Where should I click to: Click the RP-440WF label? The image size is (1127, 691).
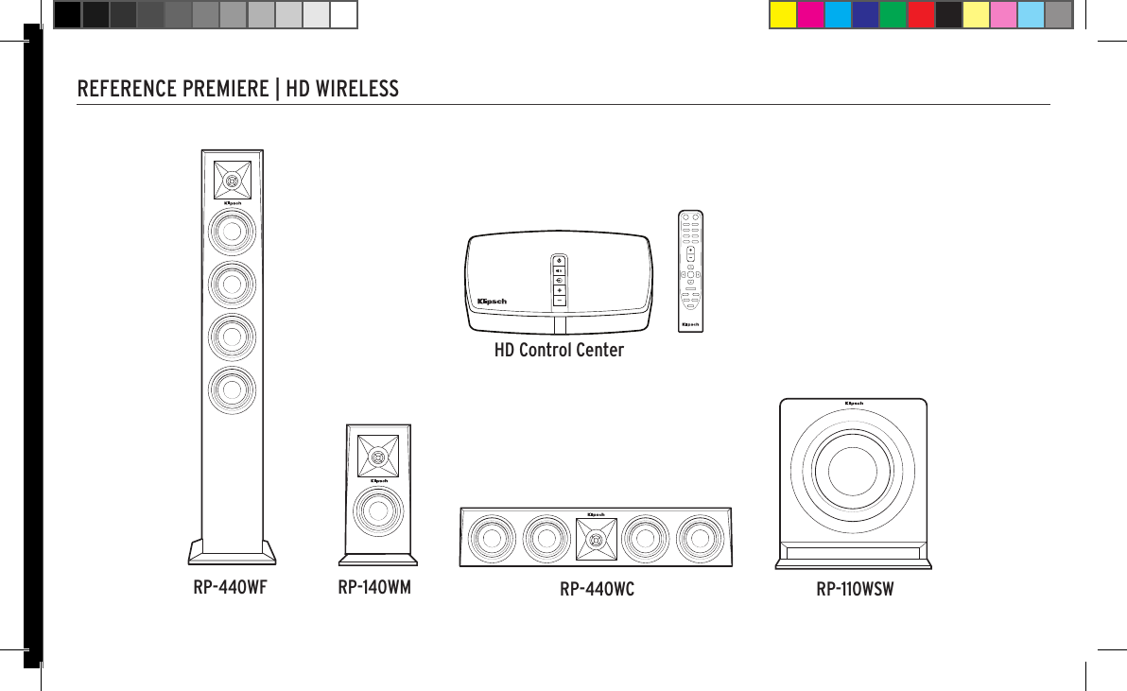[x=230, y=587]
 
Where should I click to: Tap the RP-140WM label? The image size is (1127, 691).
[x=374, y=587]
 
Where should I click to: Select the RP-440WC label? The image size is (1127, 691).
[x=597, y=591]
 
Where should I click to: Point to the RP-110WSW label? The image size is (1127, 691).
[x=855, y=591]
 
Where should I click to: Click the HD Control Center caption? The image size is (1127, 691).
[x=559, y=351]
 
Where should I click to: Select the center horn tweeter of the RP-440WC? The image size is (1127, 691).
[x=596, y=539]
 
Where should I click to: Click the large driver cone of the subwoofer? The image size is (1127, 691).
[x=852, y=473]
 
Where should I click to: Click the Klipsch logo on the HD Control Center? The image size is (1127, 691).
[x=494, y=302]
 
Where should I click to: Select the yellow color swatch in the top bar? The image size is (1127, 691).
[x=783, y=15]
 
